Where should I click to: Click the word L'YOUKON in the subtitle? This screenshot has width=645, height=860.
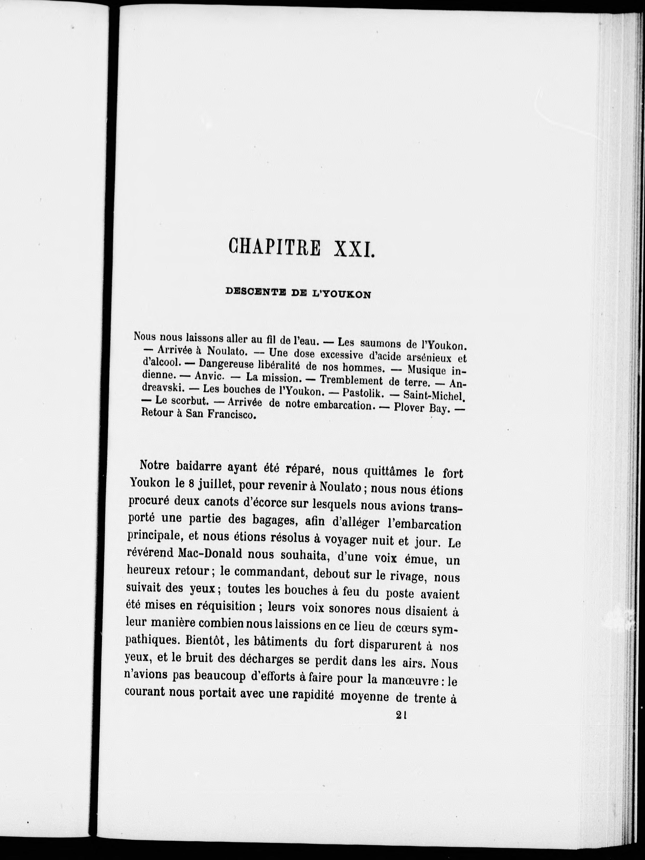[x=342, y=295]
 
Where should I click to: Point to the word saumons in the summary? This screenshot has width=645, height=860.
[x=381, y=343]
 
